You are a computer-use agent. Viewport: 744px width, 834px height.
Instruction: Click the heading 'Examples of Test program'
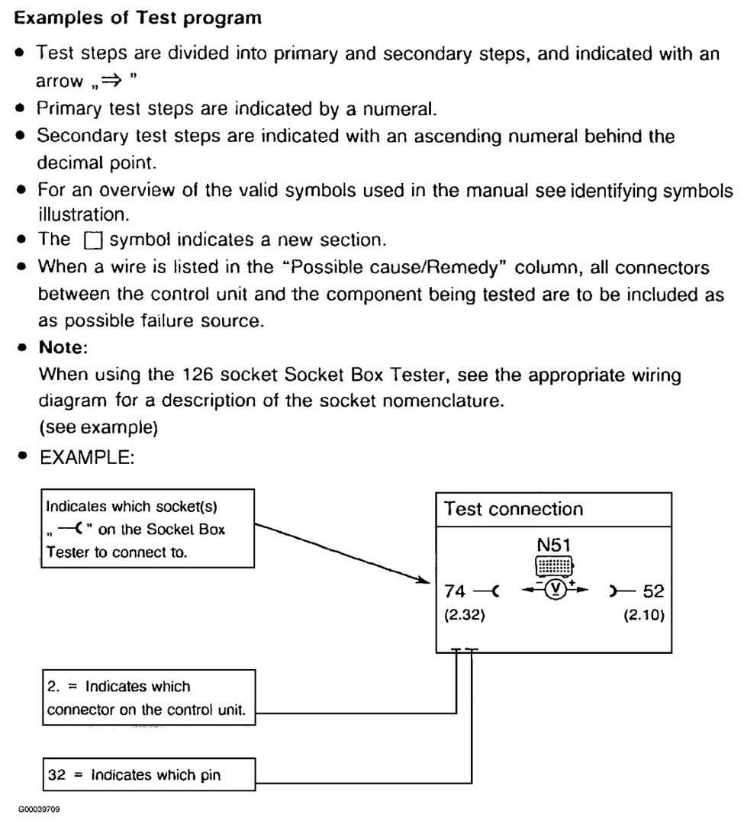(x=138, y=18)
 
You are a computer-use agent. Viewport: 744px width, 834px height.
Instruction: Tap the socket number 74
(x=455, y=591)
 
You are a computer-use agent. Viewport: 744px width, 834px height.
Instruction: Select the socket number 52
(x=654, y=591)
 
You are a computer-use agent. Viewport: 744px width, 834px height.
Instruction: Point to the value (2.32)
(x=465, y=615)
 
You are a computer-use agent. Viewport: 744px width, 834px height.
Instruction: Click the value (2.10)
(x=644, y=615)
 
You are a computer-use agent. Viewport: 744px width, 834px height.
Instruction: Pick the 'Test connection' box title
(x=514, y=510)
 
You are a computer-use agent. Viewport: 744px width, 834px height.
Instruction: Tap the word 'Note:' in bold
(x=63, y=347)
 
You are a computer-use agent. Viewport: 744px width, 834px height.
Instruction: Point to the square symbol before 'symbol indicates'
(x=92, y=241)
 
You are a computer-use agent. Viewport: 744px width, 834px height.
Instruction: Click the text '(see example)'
(x=98, y=428)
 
